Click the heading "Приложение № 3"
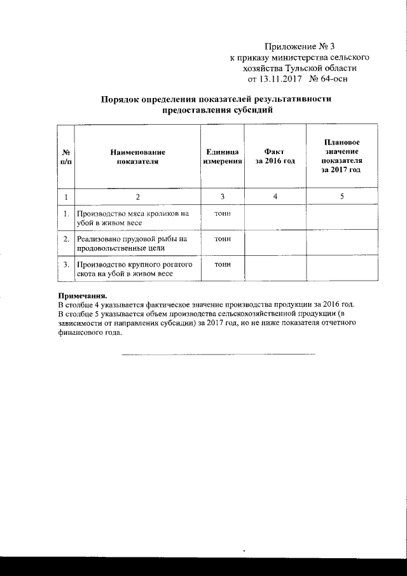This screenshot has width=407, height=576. [298, 46]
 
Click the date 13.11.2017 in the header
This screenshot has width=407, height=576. [281, 79]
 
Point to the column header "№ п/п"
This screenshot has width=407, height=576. [66, 157]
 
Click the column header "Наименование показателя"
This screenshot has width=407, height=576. [137, 157]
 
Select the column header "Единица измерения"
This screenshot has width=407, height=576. [223, 157]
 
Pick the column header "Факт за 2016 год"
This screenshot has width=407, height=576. [275, 157]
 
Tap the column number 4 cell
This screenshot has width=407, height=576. [275, 197]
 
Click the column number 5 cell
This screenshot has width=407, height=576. [341, 197]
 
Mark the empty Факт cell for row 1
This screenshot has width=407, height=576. [275, 219]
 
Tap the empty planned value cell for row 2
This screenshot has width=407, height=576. [341, 243]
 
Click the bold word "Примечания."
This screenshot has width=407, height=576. [83, 296]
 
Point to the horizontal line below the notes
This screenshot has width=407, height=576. [218, 353]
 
